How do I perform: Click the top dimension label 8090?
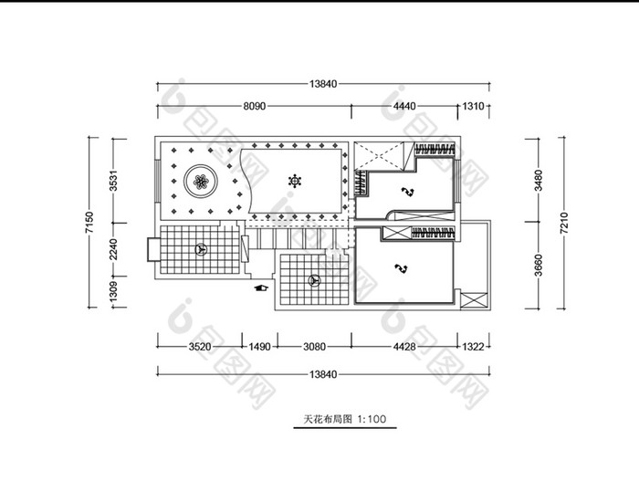coord(255,106)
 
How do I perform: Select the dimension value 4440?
coord(404,106)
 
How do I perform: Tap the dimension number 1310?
coord(473,106)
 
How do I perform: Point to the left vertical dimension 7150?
coord(89,222)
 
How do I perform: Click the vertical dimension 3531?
coord(114,181)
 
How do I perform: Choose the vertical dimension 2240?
coord(114,249)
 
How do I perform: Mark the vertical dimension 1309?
coord(114,292)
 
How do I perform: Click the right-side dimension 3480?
coord(539,180)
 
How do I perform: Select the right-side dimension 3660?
coord(539,266)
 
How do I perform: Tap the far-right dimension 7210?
coord(563,223)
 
